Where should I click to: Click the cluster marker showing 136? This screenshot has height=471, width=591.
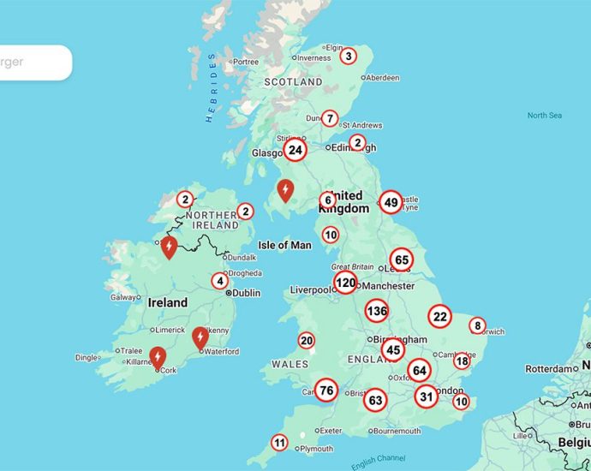tap(376, 311)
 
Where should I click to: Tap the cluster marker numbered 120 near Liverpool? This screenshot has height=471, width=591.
tap(345, 283)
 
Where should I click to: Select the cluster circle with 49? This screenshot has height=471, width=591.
tap(391, 202)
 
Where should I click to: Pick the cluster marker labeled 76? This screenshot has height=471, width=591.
tap(325, 391)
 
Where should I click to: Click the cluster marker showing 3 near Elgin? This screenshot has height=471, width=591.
tap(348, 57)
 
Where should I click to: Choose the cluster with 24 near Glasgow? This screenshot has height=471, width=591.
tap(295, 151)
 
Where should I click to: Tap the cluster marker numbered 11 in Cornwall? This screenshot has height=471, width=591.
tap(279, 443)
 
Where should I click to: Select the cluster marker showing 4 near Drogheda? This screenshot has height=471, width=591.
tap(220, 281)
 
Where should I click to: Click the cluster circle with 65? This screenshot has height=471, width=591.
tap(401, 259)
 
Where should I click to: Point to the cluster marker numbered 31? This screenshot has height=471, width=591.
tap(427, 396)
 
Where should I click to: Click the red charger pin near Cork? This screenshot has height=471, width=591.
tap(158, 356)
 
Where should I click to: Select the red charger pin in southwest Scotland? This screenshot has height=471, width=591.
tap(285, 190)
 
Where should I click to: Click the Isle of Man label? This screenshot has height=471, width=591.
tap(285, 245)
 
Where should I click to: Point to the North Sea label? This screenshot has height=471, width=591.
tap(544, 116)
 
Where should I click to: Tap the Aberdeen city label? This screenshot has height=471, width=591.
tap(383, 77)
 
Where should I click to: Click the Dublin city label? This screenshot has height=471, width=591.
tap(246, 293)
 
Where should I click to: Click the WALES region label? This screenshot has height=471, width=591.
tap(290, 364)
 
